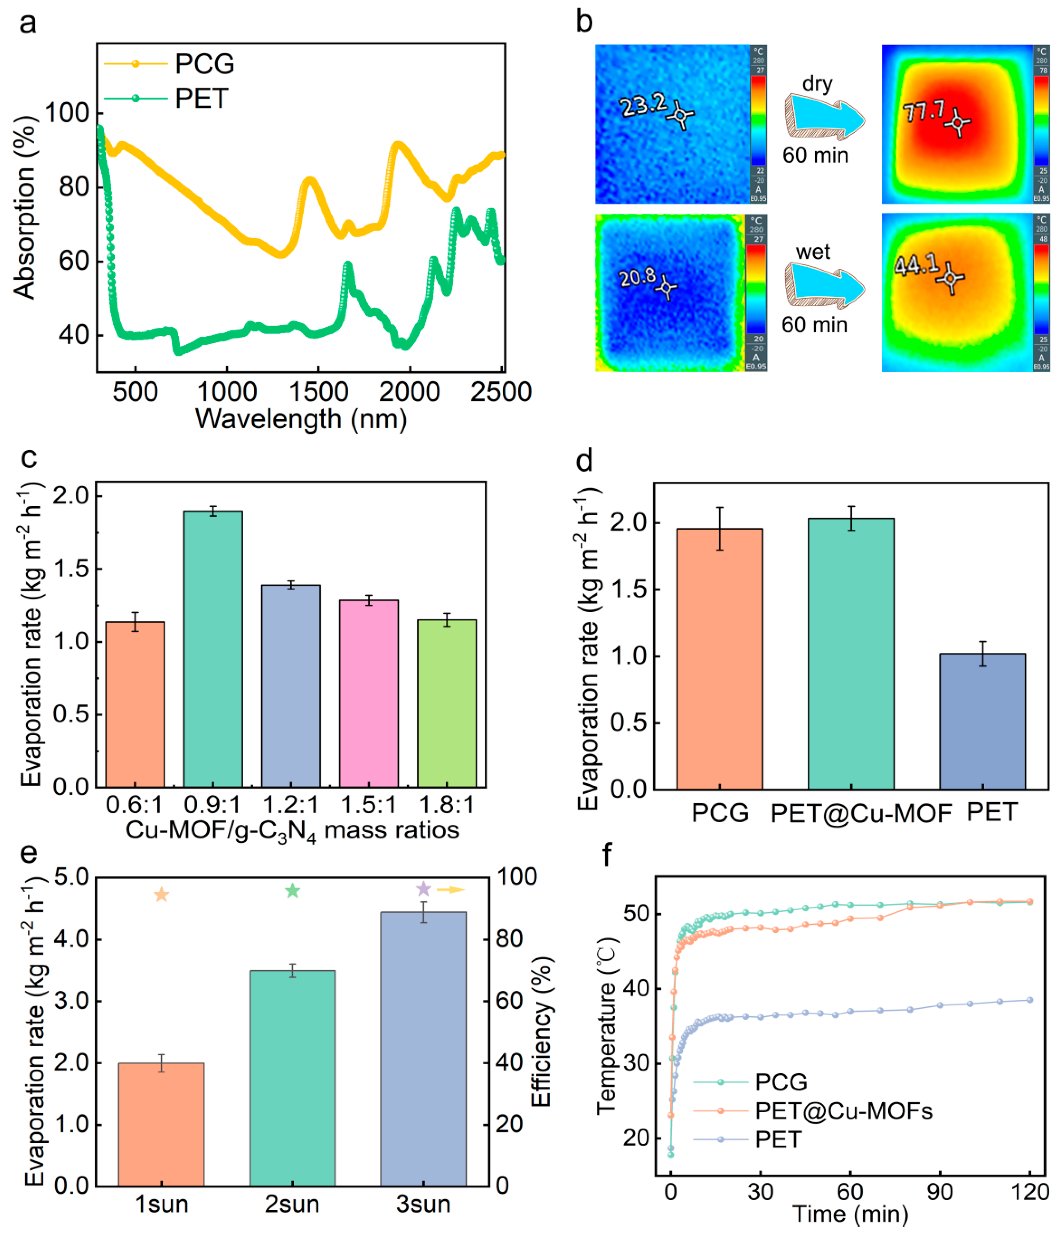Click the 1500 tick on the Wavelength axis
click(319, 392)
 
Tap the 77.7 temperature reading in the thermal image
click(923, 111)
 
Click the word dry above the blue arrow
click(817, 84)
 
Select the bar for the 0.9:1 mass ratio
click(213, 649)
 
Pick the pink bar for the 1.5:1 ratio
click(369, 694)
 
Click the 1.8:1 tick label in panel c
click(446, 805)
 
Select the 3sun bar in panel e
click(423, 1048)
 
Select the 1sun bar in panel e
click(161, 1124)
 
